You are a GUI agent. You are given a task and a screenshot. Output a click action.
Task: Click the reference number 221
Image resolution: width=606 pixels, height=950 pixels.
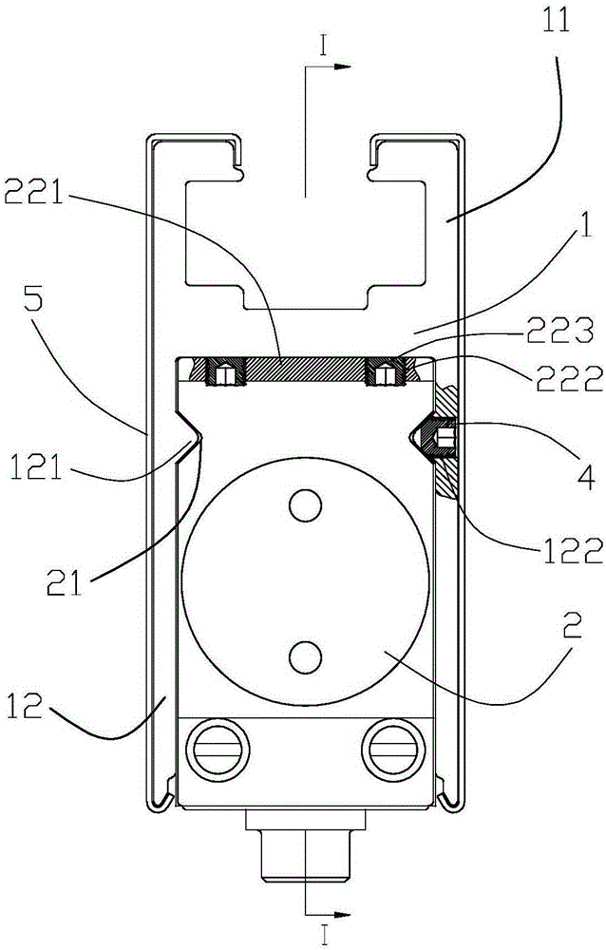(34, 195)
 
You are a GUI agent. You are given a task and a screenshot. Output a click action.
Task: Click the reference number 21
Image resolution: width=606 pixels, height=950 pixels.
(64, 582)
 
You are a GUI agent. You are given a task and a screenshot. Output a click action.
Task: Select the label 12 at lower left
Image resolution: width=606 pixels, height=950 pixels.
(26, 706)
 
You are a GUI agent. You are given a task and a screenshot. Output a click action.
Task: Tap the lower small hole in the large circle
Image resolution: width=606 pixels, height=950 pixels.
(305, 657)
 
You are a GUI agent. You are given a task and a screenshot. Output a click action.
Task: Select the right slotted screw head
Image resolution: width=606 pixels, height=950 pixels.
(393, 749)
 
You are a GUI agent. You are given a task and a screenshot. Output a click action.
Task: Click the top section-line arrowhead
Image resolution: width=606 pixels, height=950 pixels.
(344, 66)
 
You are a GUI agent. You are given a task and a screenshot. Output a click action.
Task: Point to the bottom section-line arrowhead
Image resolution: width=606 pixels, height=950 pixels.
(344, 913)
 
